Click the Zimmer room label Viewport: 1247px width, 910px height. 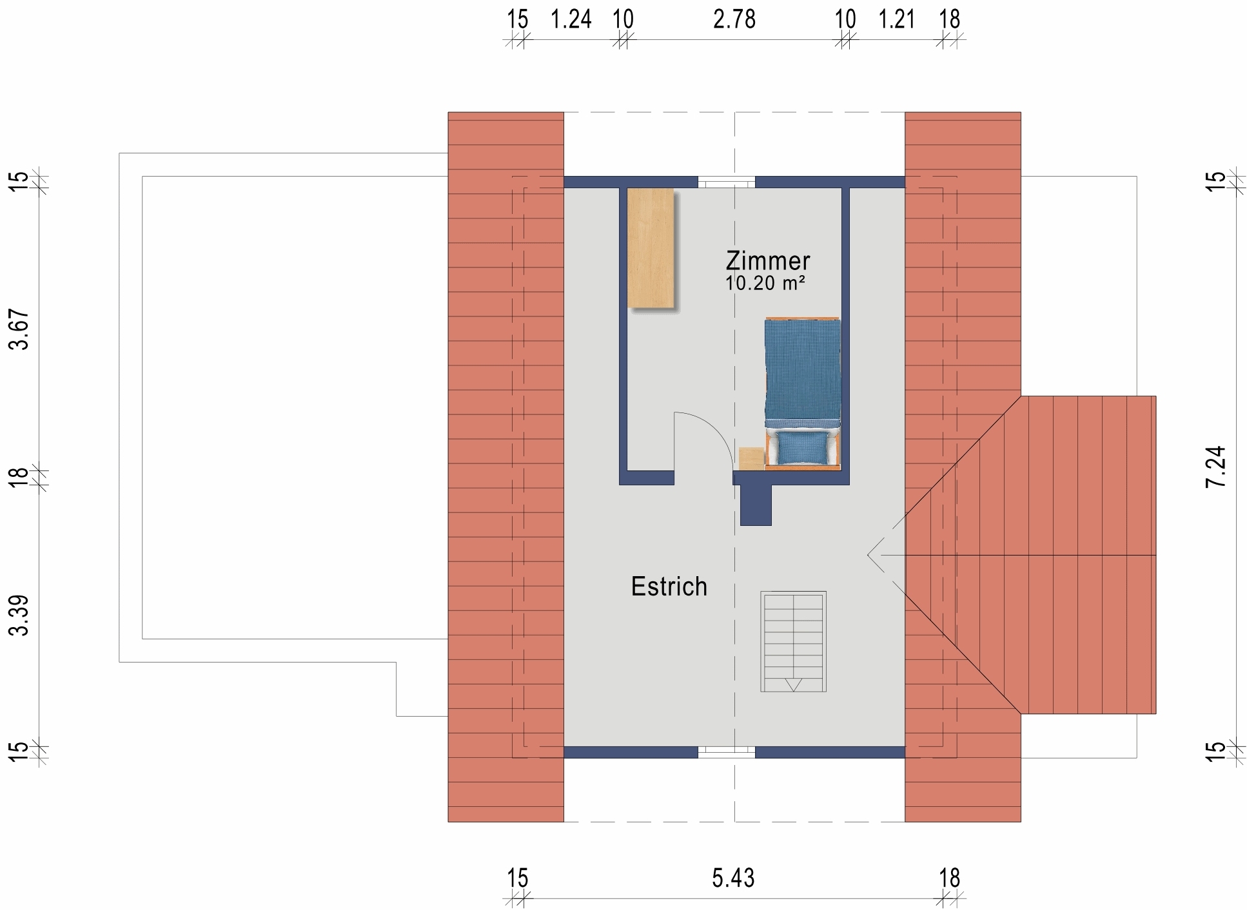tap(767, 261)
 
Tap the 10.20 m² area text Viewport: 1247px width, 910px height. tap(765, 283)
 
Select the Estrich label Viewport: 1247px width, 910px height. tap(669, 586)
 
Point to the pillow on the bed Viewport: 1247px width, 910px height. tap(803, 447)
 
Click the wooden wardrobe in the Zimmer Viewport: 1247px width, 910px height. tap(651, 248)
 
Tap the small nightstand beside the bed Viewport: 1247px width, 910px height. tap(751, 458)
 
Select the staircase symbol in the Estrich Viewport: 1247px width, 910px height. tap(793, 641)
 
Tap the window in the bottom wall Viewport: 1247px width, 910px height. tap(726, 751)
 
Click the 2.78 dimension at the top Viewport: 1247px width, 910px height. tap(734, 20)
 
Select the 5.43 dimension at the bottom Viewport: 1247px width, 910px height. tap(733, 878)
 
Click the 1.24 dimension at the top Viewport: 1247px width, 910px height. tap(571, 20)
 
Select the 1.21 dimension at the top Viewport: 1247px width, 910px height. tap(896, 20)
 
